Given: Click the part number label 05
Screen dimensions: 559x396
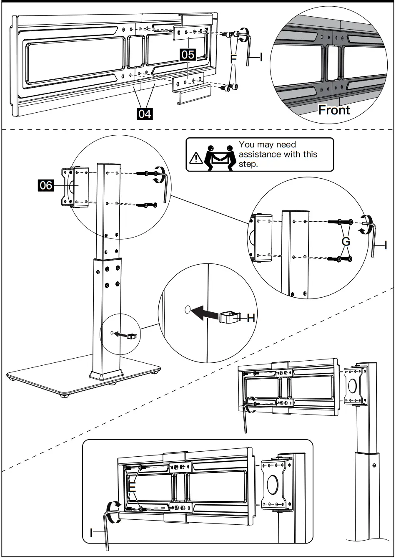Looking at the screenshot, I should pos(188,54).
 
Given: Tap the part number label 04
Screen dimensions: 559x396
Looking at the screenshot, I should pos(145,113).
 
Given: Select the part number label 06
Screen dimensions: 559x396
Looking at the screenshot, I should pos(46,185).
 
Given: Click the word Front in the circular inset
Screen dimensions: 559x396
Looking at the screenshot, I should pos(334,110).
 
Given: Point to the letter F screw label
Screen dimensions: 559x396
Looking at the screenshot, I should pos(233,59).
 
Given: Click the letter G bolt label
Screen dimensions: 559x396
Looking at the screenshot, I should pos(346,241).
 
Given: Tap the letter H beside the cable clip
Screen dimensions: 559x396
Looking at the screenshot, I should pos(251,318).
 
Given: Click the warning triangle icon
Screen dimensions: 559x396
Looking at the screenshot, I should pos(195,158).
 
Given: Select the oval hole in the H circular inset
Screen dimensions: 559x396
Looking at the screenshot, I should pos(187,309).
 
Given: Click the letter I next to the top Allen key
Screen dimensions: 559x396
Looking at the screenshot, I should pos(261,57).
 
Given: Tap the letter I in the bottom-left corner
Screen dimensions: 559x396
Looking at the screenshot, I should pos(92,532).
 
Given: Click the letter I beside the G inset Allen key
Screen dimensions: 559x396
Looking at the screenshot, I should pos(386,246).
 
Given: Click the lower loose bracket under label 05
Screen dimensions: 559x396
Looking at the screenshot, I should pos(188,89).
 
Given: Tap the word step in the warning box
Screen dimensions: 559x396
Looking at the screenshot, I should pos(248,164).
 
